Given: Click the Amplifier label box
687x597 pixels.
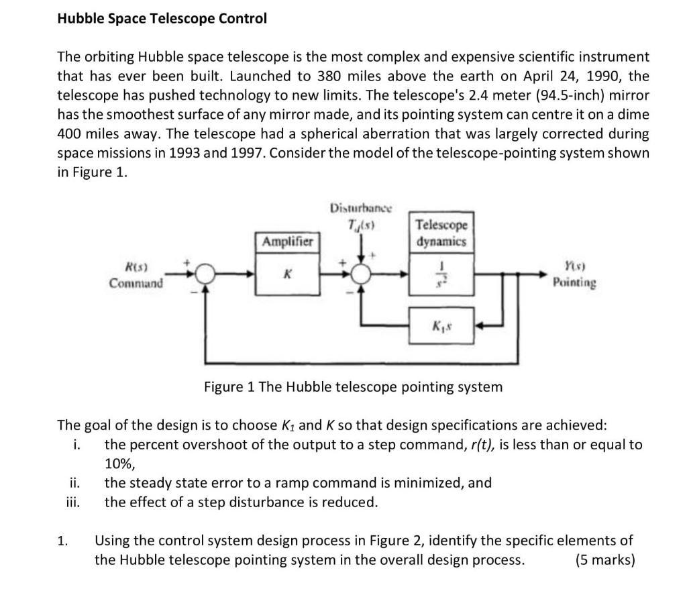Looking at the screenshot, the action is tap(287, 241).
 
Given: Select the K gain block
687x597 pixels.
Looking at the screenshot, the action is tap(287, 274).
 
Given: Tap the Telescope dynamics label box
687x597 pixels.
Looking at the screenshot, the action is tap(441, 233).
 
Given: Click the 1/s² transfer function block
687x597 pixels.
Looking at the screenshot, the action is tap(441, 274).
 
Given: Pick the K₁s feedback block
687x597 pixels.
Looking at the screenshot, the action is tap(441, 326).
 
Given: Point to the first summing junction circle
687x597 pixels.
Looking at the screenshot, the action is tap(205, 274).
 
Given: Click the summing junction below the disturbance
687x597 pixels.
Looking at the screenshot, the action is tap(361, 274).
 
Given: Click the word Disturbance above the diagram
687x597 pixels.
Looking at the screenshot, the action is tap(361, 208).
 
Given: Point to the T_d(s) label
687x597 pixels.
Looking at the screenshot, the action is tap(361, 225).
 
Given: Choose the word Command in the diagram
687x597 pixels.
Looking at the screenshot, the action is tap(136, 283).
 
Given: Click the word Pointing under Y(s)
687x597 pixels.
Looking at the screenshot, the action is tap(574, 282).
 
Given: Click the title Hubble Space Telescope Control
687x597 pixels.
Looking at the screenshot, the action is tap(162, 18).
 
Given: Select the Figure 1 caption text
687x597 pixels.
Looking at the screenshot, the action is tap(353, 387).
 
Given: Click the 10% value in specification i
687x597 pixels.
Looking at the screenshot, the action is tap(119, 464).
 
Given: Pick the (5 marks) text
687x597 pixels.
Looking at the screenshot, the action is tap(605, 559).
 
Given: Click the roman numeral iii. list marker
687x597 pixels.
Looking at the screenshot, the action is tap(73, 502).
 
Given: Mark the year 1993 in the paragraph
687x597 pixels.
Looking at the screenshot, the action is tap(184, 153).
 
